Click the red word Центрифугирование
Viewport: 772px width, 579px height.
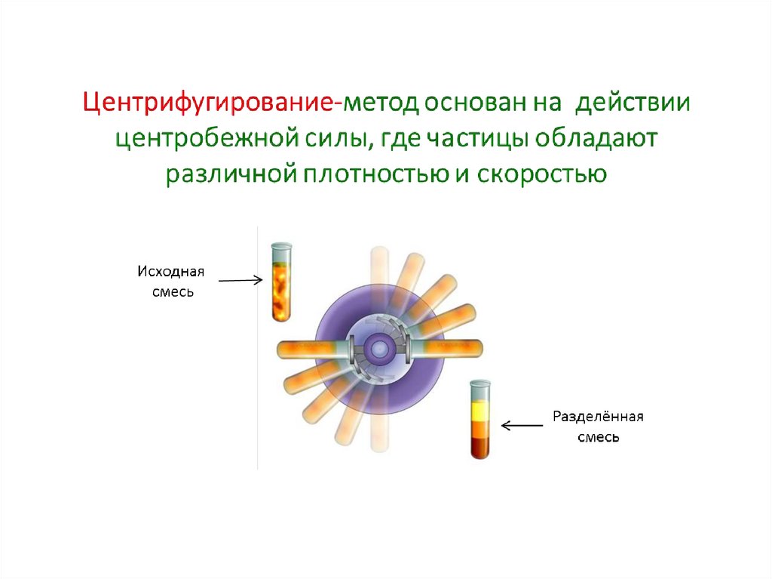209,103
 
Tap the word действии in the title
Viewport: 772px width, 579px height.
632,103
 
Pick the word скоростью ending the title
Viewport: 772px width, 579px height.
544,174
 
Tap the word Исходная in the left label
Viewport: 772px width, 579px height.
170,271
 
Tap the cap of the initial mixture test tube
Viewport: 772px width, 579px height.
281,246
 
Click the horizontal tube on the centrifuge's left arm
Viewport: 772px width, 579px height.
309,350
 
